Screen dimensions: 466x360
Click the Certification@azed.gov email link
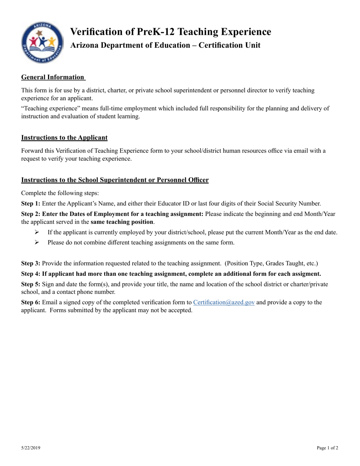(224, 302)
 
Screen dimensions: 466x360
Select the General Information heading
(53, 77)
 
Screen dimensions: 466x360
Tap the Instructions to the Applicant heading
(64, 138)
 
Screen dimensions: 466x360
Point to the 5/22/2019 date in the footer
(30, 448)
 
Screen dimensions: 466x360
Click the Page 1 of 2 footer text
(327, 448)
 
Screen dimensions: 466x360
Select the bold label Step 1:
(31, 203)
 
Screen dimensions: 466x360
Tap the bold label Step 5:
(31, 284)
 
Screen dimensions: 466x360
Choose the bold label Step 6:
(31, 302)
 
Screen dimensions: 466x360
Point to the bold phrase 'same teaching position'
(122, 222)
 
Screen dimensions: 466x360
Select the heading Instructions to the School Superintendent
(114, 180)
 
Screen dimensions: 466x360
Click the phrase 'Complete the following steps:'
(60, 193)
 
